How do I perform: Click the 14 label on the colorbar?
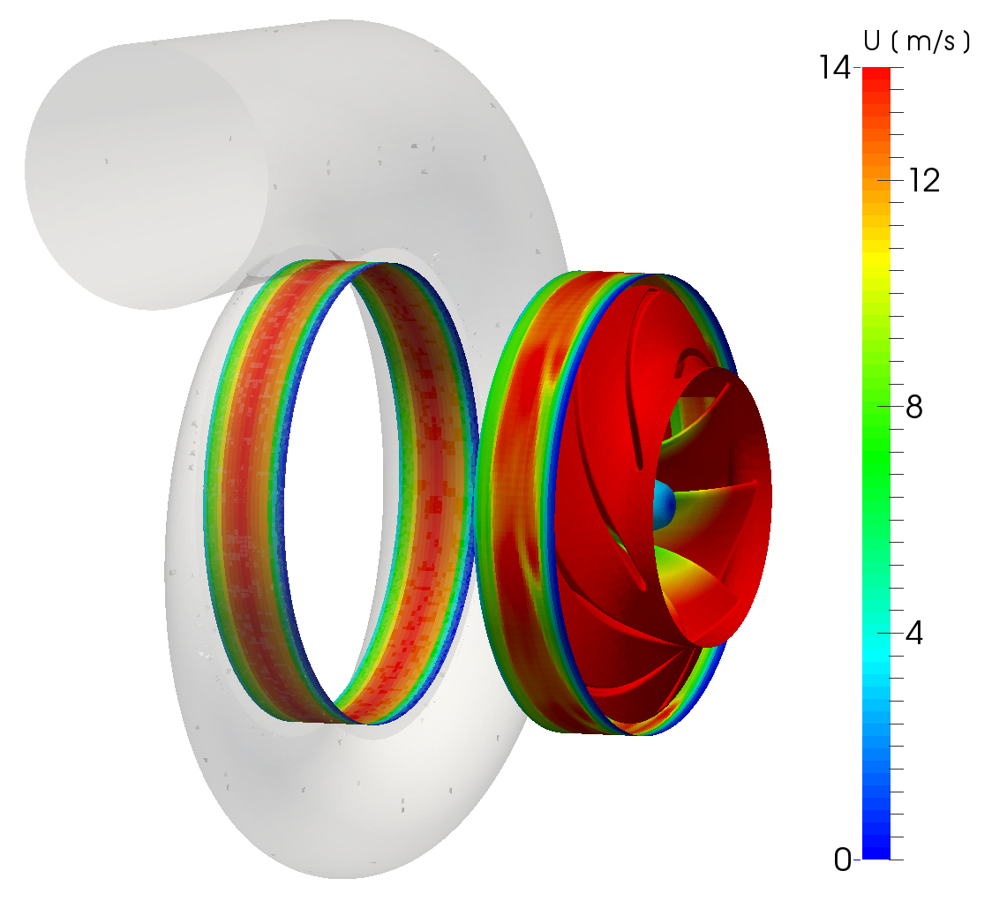coord(835,67)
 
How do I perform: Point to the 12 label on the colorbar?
coord(924,181)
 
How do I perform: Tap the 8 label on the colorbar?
coord(914,408)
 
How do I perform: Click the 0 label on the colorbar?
coord(843,860)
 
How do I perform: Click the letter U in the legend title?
coord(873,41)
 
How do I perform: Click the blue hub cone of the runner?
coord(664,505)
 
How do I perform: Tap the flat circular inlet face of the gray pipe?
coord(146,177)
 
